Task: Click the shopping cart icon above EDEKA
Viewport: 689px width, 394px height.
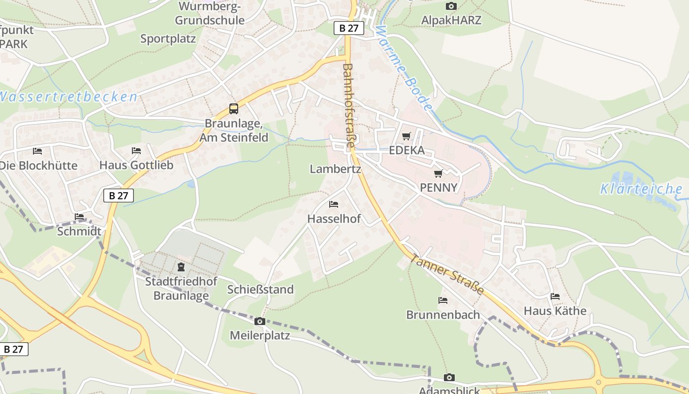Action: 406,136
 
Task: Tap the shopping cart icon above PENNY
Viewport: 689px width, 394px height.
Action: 438,173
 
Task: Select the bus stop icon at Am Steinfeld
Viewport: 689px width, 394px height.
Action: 234,109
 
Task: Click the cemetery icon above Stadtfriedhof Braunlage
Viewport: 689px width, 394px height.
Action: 181,267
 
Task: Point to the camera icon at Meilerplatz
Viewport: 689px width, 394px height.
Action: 259,322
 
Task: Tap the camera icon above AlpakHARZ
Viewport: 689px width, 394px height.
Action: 451,6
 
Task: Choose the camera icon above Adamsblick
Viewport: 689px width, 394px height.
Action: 449,378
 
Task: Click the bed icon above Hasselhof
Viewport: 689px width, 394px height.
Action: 334,204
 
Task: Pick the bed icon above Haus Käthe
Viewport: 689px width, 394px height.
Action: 555,296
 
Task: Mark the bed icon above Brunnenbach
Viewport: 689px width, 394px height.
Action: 443,300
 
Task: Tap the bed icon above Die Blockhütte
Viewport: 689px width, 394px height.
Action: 37,151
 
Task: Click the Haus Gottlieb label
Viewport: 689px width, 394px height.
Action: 136,165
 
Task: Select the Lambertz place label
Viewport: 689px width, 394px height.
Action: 335,169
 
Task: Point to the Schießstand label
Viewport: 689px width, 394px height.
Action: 260,289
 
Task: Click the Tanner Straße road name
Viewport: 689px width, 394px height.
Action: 446,274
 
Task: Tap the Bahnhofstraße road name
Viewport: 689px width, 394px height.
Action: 348,106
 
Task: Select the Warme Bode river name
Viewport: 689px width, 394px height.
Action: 404,68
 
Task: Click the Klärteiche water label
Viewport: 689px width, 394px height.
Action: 641,189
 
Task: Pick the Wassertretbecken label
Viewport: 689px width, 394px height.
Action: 68,97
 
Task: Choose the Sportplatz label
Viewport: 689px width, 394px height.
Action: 168,39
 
